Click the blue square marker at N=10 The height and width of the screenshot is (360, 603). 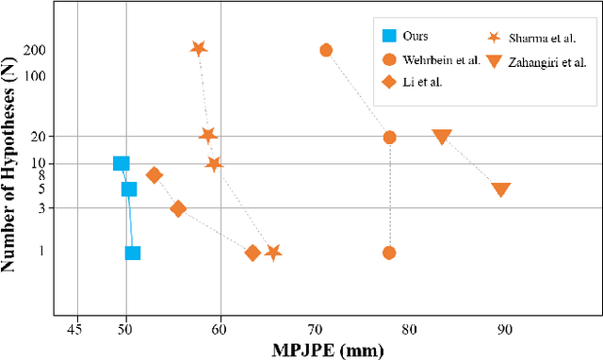point(122,163)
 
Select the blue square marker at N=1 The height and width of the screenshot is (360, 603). point(133,253)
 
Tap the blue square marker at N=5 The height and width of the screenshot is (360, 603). point(129,188)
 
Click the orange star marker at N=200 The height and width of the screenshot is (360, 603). point(199,49)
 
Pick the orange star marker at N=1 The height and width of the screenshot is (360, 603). point(273,253)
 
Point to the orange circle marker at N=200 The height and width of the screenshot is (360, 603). point(326,50)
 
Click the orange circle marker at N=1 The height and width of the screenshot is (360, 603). point(389,253)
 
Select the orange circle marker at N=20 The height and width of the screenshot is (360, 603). point(389,137)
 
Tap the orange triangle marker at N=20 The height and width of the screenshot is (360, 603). point(442,137)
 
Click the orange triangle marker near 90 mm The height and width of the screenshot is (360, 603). point(501,189)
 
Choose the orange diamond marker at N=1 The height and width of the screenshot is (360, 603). point(253,253)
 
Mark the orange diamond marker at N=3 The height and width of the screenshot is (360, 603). point(178,209)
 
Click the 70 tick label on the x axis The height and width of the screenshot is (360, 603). point(315,329)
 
